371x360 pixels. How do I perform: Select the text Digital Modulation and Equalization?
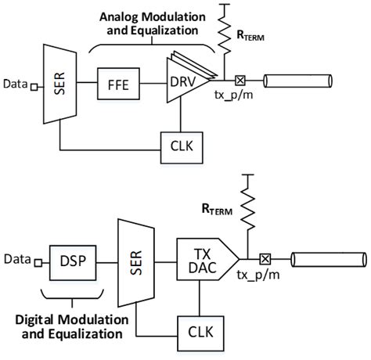pos(71,327)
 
